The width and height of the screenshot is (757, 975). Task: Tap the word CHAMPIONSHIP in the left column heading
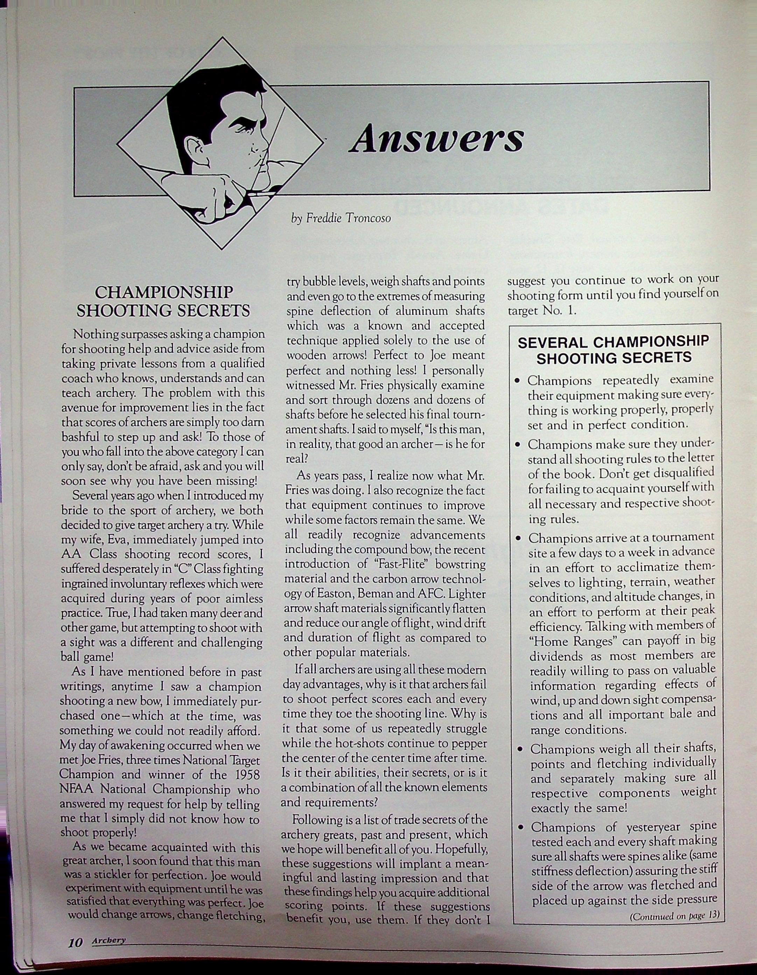tap(164, 293)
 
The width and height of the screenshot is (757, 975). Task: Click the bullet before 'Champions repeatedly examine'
tap(518, 382)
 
